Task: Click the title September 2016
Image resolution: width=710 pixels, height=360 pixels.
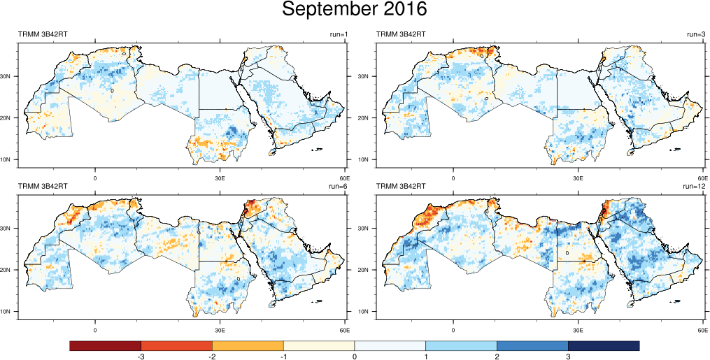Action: [x=354, y=10]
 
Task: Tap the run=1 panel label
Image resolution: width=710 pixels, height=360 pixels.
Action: [x=339, y=35]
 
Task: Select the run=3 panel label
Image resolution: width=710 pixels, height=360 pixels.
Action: [x=697, y=35]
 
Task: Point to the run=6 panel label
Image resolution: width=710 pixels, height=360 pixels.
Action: [x=339, y=187]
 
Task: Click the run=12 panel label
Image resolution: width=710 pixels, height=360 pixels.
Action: [x=695, y=187]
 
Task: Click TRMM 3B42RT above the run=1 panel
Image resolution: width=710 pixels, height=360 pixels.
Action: [x=42, y=35]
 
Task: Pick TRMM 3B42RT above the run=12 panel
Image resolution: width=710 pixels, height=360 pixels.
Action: [x=402, y=187]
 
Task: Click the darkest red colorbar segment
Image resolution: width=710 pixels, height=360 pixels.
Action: [x=106, y=346]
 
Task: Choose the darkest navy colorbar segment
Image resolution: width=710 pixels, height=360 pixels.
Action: [x=604, y=346]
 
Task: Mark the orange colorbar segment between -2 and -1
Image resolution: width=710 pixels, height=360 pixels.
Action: [x=248, y=346]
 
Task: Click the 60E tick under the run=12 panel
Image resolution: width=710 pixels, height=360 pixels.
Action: [x=702, y=329]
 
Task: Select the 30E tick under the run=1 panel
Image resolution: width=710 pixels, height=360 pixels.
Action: [x=220, y=178]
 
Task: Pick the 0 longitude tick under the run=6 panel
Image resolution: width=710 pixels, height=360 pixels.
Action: [x=95, y=329]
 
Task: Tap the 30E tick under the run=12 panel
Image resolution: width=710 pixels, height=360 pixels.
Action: [x=578, y=329]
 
